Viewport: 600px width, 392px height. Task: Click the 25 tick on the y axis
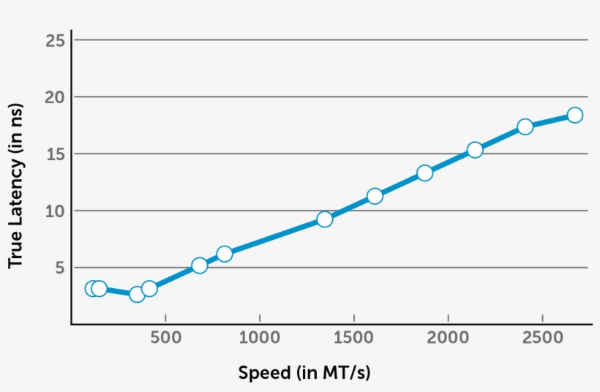pos(56,39)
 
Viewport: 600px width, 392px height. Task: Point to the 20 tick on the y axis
pos(56,97)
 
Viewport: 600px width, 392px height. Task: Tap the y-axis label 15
pos(56,154)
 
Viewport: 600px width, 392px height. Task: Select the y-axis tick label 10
pos(56,211)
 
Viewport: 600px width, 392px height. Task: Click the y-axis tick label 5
pos(61,268)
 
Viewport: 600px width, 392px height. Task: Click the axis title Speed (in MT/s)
pos(304,373)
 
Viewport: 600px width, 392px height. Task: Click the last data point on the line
pos(574,115)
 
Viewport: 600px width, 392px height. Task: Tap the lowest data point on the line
pos(137,294)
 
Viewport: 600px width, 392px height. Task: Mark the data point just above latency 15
pos(475,150)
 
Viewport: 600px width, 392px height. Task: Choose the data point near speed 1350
pos(325,219)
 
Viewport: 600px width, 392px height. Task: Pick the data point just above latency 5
pos(199,265)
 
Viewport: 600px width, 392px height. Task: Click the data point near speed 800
pos(225,254)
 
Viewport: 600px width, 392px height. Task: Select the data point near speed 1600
pos(375,196)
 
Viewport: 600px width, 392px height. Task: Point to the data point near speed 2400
pos(525,127)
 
